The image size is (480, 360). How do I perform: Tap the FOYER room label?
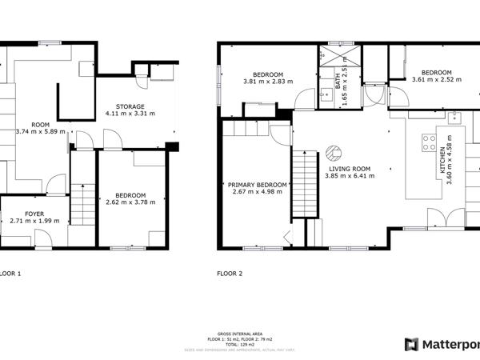[34, 214]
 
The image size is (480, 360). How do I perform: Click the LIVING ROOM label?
[349, 168]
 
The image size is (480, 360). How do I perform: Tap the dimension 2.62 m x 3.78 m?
[130, 202]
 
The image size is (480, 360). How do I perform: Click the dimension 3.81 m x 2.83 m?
[269, 81]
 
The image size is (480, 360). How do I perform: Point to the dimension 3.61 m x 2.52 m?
[437, 79]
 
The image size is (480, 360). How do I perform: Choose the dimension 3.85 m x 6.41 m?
[349, 175]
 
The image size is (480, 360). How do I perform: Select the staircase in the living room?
[302, 182]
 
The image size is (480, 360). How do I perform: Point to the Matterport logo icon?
[411, 345]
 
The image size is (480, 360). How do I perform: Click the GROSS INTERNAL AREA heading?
[239, 333]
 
